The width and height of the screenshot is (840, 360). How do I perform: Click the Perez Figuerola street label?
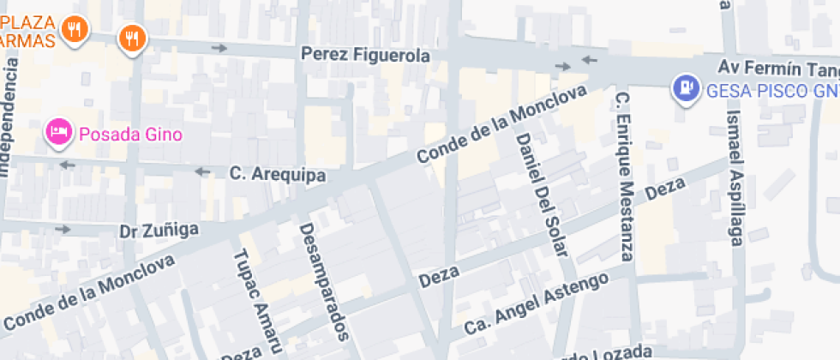pyautogui.click(x=364, y=55)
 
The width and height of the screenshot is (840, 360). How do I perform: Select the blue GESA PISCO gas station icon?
pyautogui.click(x=686, y=88)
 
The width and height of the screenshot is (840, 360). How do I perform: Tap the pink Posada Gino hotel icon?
pyautogui.click(x=58, y=133)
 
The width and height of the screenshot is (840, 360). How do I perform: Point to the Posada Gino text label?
pyautogui.click(x=131, y=134)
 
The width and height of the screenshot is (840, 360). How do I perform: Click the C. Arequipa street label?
pyautogui.click(x=278, y=174)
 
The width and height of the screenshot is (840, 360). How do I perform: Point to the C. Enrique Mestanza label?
pyautogui.click(x=624, y=175)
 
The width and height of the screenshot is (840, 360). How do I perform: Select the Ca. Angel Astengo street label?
pyautogui.click(x=536, y=303)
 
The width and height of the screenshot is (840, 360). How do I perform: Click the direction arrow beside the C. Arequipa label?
pyautogui.click(x=203, y=171)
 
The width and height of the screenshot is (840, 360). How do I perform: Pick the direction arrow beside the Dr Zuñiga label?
pyautogui.click(x=63, y=229)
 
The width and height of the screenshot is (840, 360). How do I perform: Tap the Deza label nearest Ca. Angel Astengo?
pyautogui.click(x=439, y=276)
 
